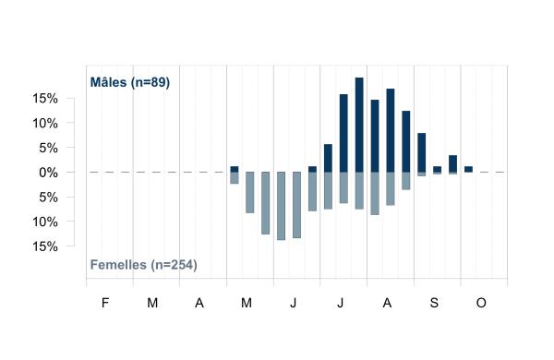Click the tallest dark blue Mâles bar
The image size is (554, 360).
[x=359, y=125]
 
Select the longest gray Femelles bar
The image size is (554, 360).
[x=281, y=206]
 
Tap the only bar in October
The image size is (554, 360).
[x=468, y=169]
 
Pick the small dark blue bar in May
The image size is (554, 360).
[x=235, y=169]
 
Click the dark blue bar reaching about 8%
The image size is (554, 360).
[x=422, y=152]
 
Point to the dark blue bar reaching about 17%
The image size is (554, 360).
[x=391, y=130]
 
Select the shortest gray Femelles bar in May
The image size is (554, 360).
[x=235, y=178]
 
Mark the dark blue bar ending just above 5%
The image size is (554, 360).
[x=328, y=158]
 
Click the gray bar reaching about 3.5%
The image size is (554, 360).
[x=406, y=181]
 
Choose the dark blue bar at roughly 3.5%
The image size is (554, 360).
[x=453, y=163]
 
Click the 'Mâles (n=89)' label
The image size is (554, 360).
[x=130, y=82]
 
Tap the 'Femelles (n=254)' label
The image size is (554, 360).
[x=143, y=265]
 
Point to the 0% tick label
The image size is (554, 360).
[x=48, y=173]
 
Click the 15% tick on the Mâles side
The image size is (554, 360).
[x=45, y=99]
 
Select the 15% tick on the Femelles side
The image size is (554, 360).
[x=45, y=246]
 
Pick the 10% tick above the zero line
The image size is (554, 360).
[x=45, y=124]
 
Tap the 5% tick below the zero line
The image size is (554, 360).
[x=48, y=198]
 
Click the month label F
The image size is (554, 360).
[x=105, y=303]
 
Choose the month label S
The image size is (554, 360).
[x=434, y=303]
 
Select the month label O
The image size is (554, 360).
[x=481, y=303]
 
